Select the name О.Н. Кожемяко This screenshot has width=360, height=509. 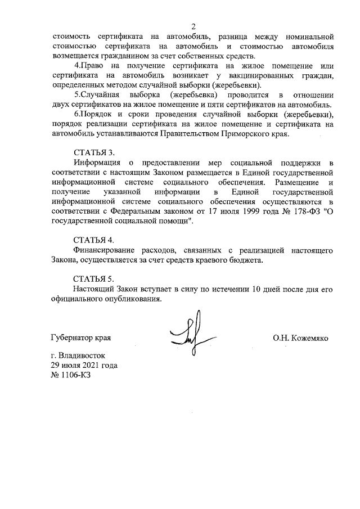point(300,338)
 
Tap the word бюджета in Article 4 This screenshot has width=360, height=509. point(247,260)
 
